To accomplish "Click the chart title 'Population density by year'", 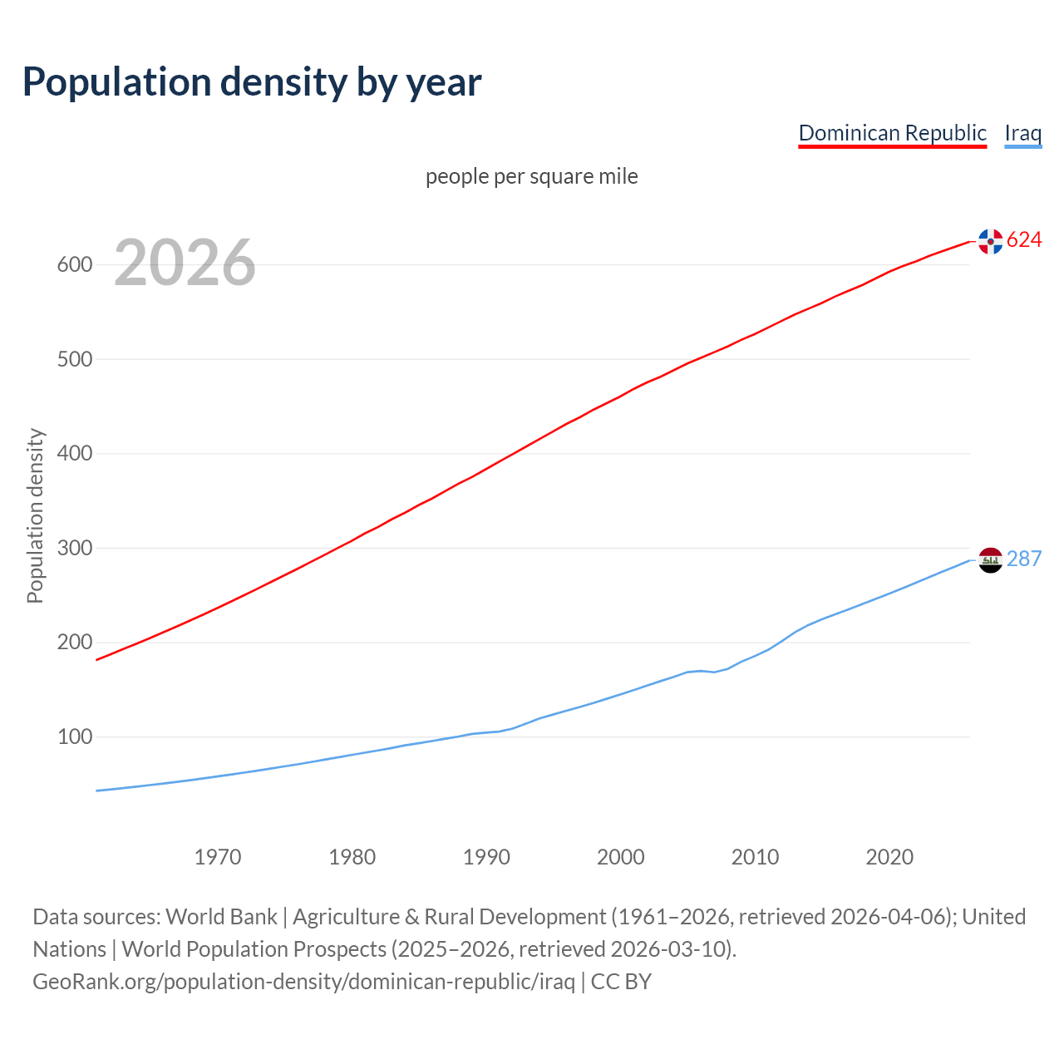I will (x=252, y=82).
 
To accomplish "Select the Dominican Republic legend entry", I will (x=892, y=133).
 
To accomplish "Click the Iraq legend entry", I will (x=1022, y=133).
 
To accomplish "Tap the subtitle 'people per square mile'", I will (x=531, y=176).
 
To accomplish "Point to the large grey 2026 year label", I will (x=185, y=263).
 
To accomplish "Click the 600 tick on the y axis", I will (x=74, y=265).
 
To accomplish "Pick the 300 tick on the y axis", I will (x=74, y=549).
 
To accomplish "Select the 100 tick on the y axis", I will (x=74, y=737).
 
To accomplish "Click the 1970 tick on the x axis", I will (x=218, y=857).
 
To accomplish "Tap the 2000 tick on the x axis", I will (x=621, y=857).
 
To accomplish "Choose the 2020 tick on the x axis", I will (x=889, y=857).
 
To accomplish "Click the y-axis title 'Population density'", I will (x=35, y=515).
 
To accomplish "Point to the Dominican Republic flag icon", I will (x=990, y=241).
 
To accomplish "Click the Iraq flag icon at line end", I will (x=990, y=560).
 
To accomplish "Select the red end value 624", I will (x=1024, y=240).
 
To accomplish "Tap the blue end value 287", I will (x=1024, y=559).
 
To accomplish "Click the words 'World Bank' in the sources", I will (x=221, y=917).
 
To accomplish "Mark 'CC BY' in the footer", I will (x=621, y=982).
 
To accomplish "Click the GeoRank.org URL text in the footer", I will (x=303, y=982).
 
